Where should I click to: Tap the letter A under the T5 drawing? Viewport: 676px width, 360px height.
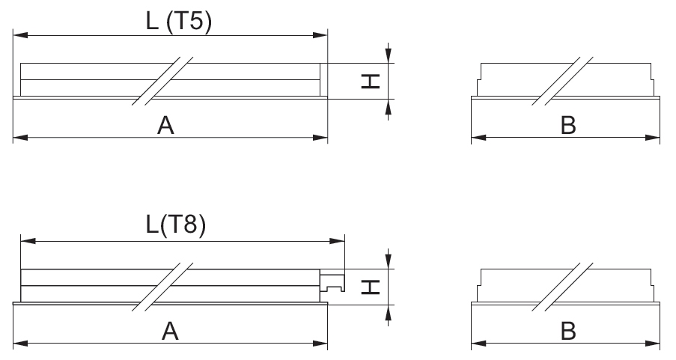[165, 126]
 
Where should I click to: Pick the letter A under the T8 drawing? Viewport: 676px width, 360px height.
[171, 332]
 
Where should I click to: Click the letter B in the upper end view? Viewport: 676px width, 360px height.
[568, 126]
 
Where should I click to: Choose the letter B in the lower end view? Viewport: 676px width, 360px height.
[568, 332]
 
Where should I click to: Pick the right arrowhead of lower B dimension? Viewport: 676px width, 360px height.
[655, 344]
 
